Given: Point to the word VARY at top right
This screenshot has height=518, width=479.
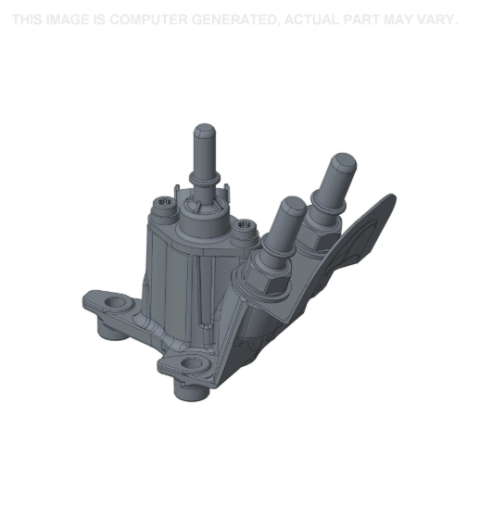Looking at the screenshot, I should pyautogui.click(x=435, y=19).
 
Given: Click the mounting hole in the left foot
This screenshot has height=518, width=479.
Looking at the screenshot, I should pyautogui.click(x=117, y=303).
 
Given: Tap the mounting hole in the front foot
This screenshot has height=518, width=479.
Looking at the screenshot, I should pyautogui.click(x=193, y=364).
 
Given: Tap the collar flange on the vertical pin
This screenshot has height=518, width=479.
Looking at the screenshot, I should pyautogui.click(x=204, y=179).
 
